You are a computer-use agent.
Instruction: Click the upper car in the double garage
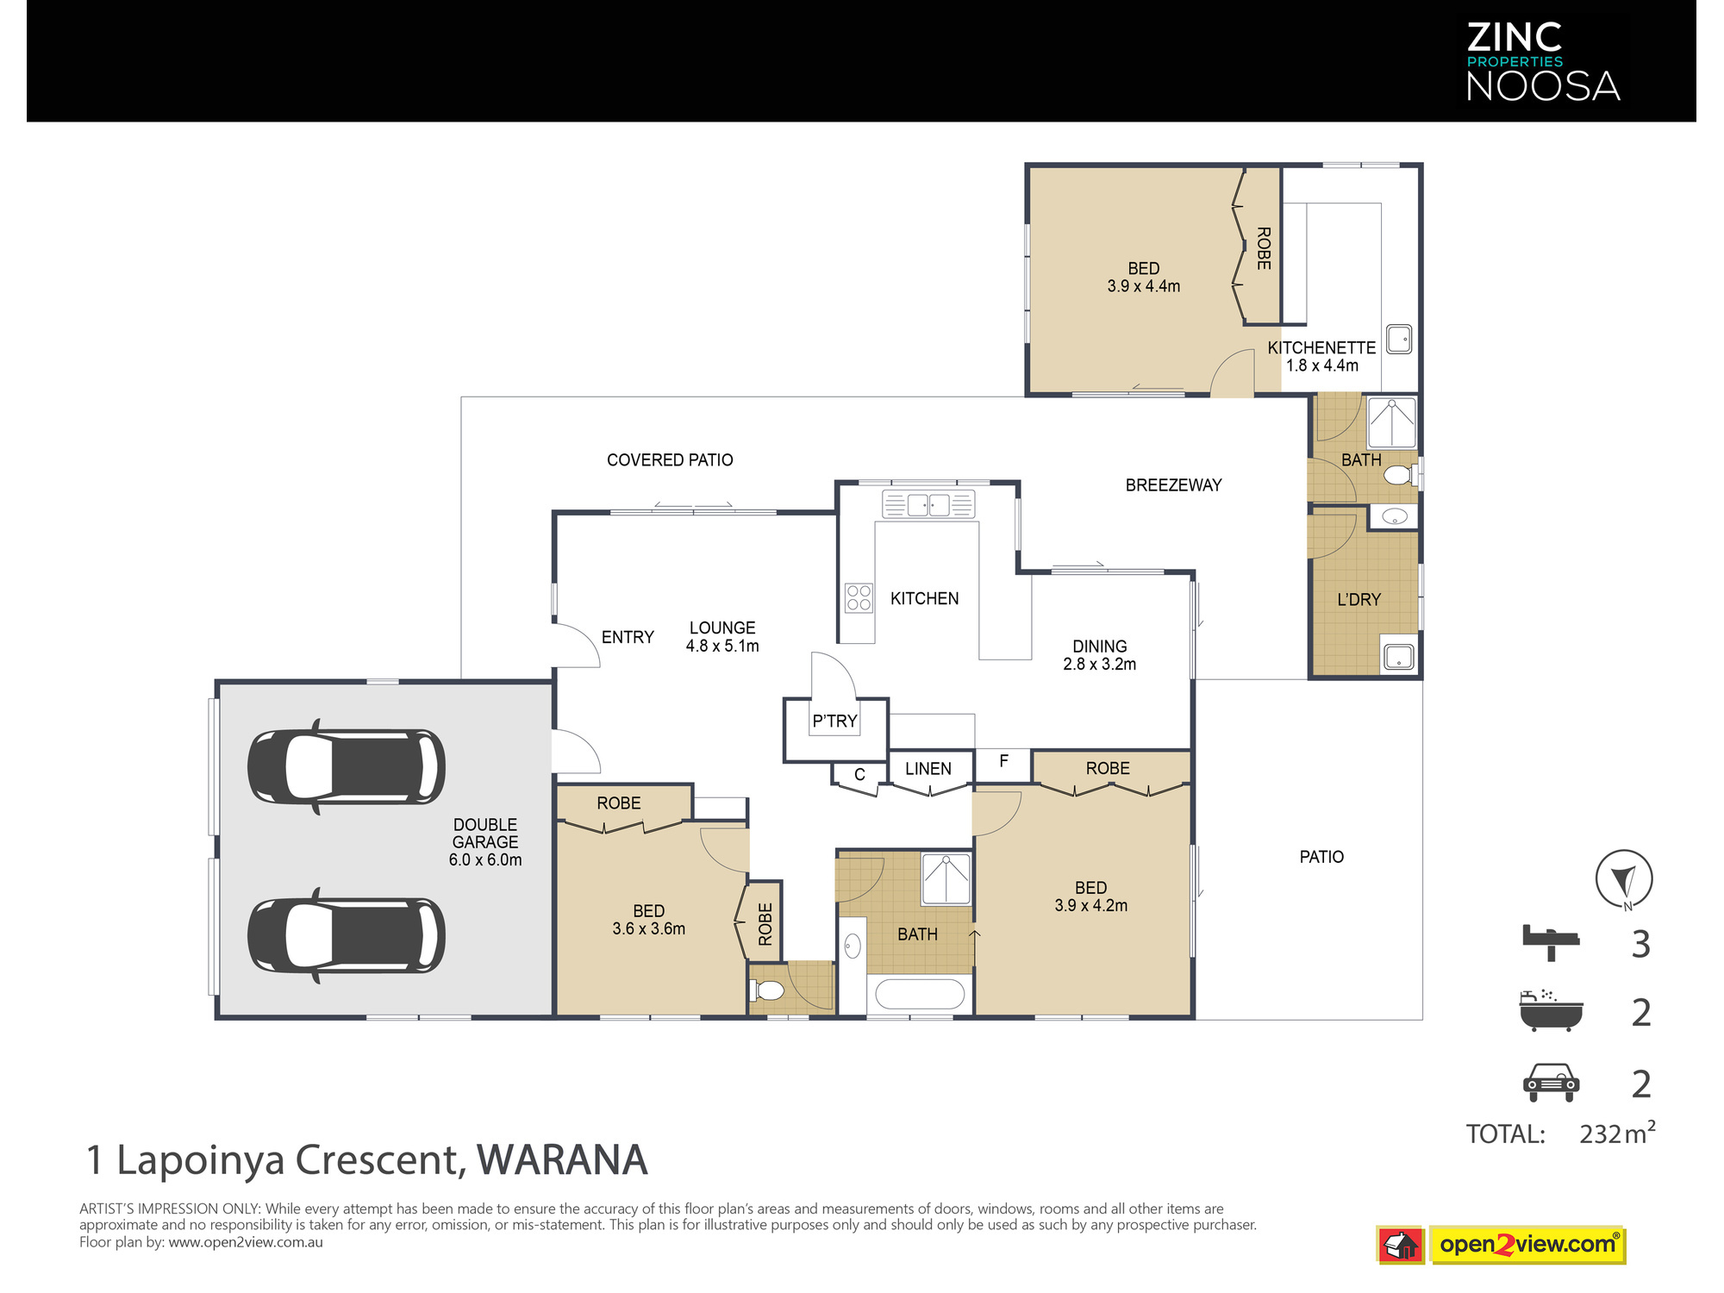point(347,767)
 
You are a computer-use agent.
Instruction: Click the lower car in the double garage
point(347,935)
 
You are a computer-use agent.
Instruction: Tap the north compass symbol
point(1624,880)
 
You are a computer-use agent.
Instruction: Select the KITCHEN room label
point(924,598)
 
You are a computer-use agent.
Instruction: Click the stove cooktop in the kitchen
point(859,597)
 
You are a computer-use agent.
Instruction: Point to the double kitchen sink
point(928,504)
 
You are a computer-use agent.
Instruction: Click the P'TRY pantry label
point(834,721)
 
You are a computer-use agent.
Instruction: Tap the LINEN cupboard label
point(928,769)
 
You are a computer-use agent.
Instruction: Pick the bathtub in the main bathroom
point(920,994)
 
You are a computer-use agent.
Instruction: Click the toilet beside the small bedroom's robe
point(767,990)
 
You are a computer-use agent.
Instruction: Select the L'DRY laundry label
point(1359,600)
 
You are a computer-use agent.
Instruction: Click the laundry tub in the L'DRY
point(1398,657)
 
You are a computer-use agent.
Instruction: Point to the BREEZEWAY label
point(1173,485)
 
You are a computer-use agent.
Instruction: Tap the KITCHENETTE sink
point(1398,339)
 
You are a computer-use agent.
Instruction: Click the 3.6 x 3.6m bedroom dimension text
point(649,929)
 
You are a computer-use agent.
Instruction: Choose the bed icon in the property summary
point(1550,942)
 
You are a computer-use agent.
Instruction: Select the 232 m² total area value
point(1617,1133)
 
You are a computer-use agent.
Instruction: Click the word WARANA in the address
point(562,1160)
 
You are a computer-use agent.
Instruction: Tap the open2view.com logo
point(1527,1245)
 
